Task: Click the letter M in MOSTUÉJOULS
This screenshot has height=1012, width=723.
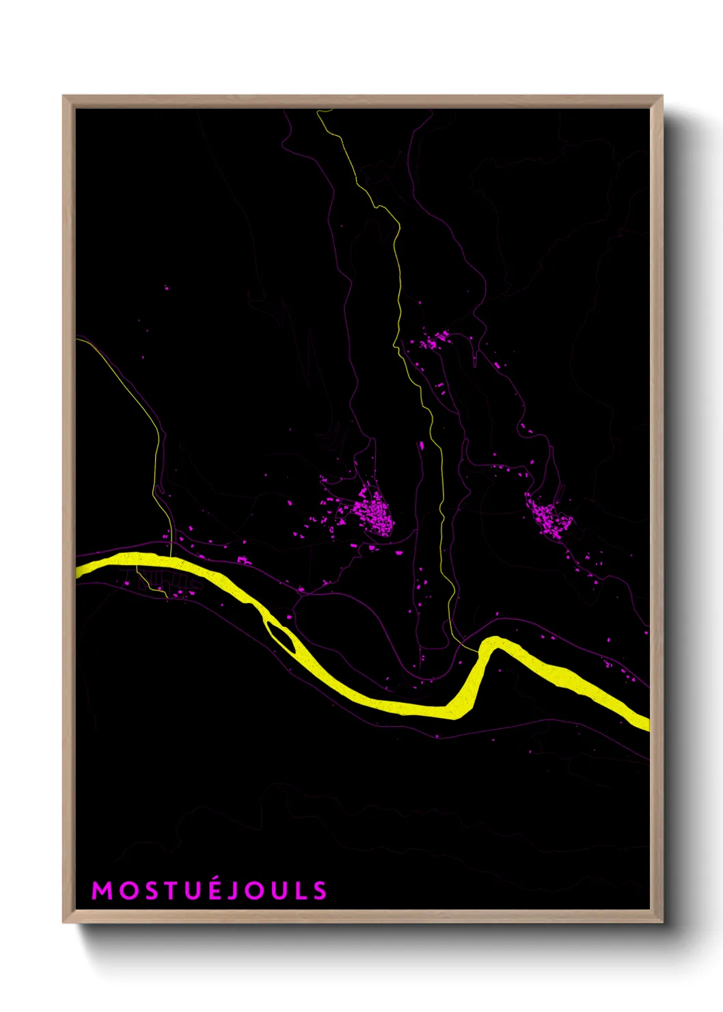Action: pyautogui.click(x=102, y=890)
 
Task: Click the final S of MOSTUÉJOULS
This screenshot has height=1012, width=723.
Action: pyautogui.click(x=320, y=890)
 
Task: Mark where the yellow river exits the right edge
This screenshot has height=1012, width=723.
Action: pyautogui.click(x=646, y=723)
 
